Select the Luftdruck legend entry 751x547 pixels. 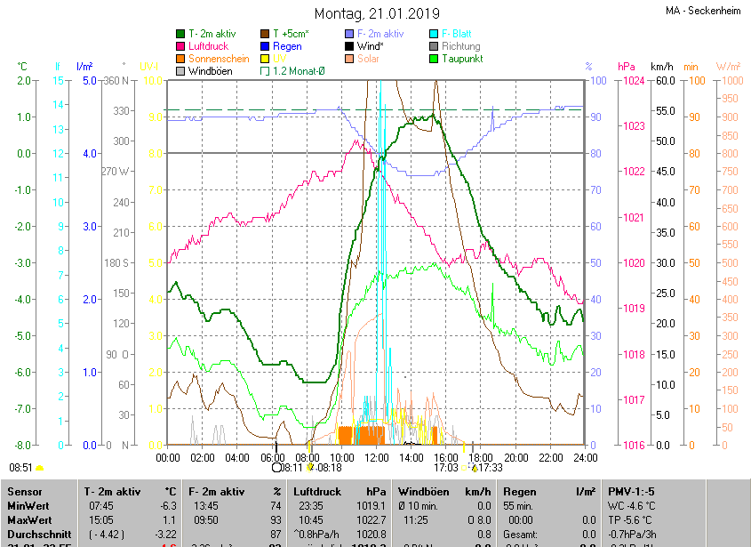pyautogui.click(x=209, y=46)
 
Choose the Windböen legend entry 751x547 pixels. pyautogui.click(x=210, y=71)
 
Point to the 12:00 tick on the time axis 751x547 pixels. pyautogui.click(x=377, y=457)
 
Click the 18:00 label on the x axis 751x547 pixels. pyautogui.click(x=481, y=457)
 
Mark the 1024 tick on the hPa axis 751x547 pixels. pyautogui.click(x=634, y=81)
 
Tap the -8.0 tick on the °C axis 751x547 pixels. pyautogui.click(x=24, y=445)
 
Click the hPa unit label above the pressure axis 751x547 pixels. pyautogui.click(x=627, y=67)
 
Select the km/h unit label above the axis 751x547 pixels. pyautogui.click(x=662, y=67)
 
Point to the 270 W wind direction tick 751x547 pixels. pyautogui.click(x=119, y=172)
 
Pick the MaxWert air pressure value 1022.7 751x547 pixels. pyautogui.click(x=372, y=519)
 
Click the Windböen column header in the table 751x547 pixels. pyautogui.click(x=424, y=491)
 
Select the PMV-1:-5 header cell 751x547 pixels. pyautogui.click(x=633, y=491)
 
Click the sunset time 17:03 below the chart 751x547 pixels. pyautogui.click(x=446, y=467)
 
